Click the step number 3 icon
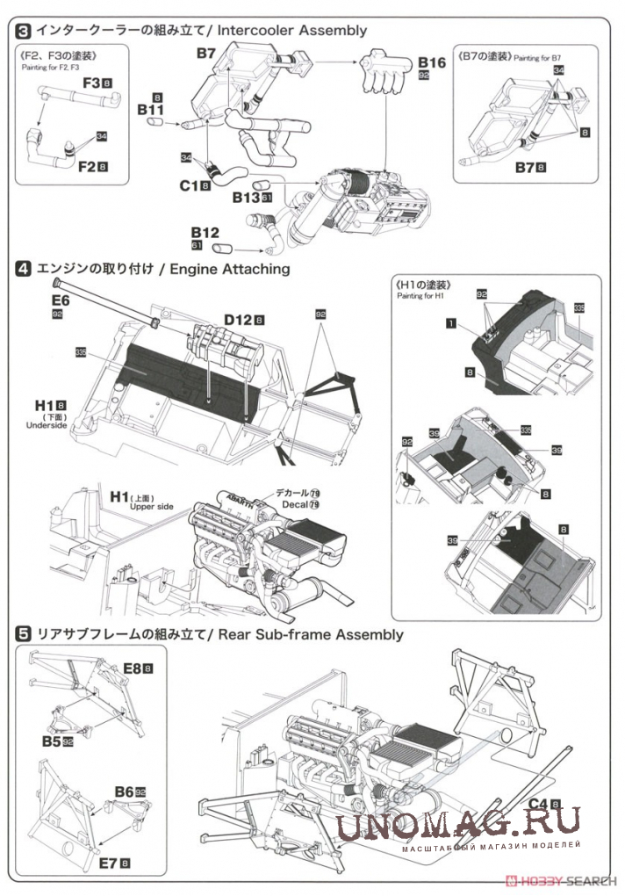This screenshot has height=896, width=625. pyautogui.click(x=24, y=30)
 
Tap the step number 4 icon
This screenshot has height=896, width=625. pyautogui.click(x=24, y=269)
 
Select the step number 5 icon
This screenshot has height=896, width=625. pyautogui.click(x=24, y=633)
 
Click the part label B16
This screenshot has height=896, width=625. pyautogui.click(x=431, y=62)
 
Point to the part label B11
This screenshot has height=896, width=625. pyautogui.click(x=151, y=110)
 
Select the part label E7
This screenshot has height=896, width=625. pyautogui.click(x=109, y=863)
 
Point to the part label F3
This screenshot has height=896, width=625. pyautogui.click(x=94, y=83)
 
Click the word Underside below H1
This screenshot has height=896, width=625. pyautogui.click(x=47, y=425)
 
